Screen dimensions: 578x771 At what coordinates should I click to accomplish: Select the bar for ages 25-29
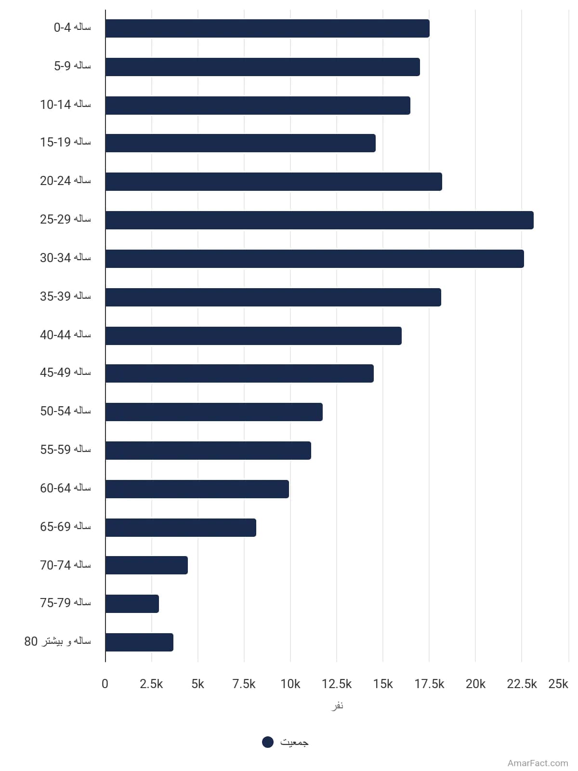point(319,220)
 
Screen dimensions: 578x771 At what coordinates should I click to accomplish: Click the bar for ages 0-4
point(267,28)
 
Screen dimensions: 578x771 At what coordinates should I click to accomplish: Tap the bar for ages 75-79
point(132,603)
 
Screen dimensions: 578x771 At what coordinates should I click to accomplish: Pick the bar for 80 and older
point(139,642)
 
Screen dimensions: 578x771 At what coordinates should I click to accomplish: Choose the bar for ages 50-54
point(214,412)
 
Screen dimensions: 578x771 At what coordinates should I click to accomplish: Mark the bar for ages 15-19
point(240,143)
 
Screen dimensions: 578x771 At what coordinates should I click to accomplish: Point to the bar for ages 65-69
point(181,527)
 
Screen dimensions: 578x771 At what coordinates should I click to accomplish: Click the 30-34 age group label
point(66,258)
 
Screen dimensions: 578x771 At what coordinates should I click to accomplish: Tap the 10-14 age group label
point(66,104)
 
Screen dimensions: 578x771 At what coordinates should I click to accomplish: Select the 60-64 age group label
point(66,488)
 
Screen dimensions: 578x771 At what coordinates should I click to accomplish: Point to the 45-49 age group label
point(66,372)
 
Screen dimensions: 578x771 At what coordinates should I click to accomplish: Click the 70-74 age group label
point(66,565)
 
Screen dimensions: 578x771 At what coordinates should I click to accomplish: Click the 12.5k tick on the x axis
point(337,684)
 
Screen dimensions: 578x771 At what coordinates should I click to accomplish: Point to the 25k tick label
point(558,684)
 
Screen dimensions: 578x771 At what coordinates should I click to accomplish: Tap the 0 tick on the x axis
point(105,684)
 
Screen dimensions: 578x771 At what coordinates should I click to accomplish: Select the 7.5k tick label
point(244,684)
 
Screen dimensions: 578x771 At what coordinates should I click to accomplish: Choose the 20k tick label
point(475,684)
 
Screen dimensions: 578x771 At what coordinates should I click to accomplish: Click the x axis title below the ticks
point(337,705)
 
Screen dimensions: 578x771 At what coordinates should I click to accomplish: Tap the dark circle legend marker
point(268,742)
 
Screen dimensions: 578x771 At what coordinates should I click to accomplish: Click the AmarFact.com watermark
point(538,763)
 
